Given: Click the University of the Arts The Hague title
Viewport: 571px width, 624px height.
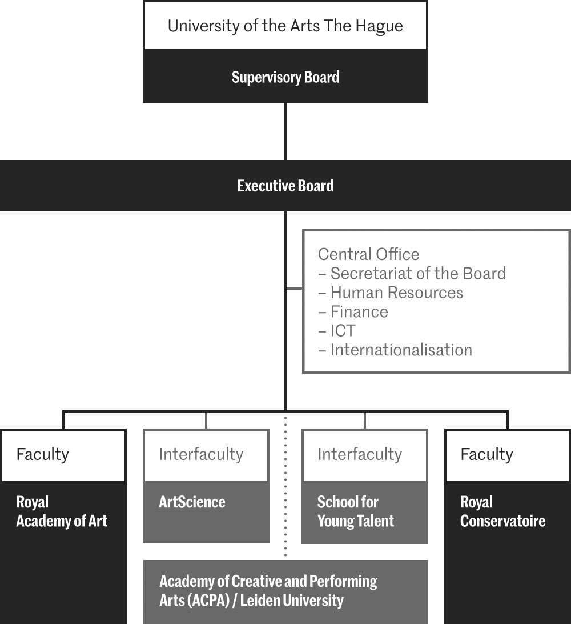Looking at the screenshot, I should click(285, 26).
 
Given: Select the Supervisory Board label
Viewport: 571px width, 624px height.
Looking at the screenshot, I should click(285, 77).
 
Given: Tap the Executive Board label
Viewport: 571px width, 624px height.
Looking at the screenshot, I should click(285, 186).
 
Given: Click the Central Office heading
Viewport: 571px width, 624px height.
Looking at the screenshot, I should click(368, 254).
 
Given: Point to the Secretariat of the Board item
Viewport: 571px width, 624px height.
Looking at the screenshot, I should click(417, 274).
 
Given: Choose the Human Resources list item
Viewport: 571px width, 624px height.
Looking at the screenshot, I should click(396, 293).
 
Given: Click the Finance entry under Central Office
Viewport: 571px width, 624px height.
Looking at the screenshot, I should click(359, 312).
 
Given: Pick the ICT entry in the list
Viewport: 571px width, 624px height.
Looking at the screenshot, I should click(343, 331).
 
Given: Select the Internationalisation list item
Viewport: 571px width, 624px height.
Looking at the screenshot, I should click(401, 350).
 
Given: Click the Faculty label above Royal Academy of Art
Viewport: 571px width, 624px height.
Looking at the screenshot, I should click(42, 454).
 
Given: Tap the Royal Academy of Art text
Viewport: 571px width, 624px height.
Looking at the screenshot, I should click(61, 511).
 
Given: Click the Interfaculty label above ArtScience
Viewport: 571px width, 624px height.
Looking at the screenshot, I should click(201, 454).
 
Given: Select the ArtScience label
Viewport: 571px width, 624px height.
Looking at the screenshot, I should click(192, 502).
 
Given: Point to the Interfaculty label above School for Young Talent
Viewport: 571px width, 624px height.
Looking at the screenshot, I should click(360, 454).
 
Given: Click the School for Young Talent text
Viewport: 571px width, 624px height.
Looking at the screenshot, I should click(355, 511).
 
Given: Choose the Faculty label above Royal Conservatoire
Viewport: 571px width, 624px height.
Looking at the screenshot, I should click(486, 454).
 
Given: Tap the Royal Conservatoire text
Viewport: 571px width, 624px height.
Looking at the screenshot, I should click(502, 511).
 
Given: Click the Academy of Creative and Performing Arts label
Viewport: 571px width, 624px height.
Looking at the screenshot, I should click(268, 591).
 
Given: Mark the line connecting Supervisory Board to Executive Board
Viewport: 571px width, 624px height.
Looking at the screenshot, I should click(285, 131).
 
